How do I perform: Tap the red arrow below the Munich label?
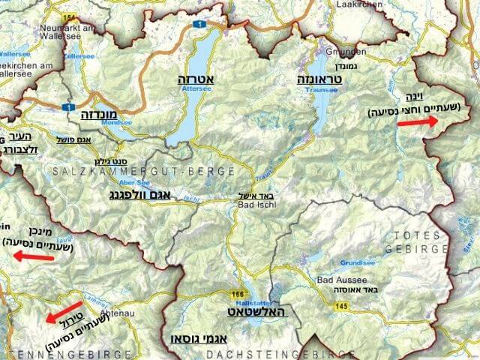pyautogui.click(x=34, y=256)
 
